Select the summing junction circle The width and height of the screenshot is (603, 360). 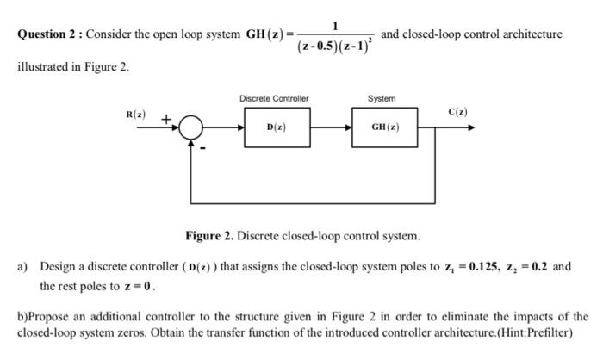(190, 128)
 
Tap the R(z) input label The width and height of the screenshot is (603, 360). (136, 114)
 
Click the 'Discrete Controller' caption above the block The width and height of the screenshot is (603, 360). (274, 98)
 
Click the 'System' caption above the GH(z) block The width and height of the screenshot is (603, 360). (382, 98)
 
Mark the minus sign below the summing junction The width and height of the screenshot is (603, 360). (204, 147)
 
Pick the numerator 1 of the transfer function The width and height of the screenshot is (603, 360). (335, 23)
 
